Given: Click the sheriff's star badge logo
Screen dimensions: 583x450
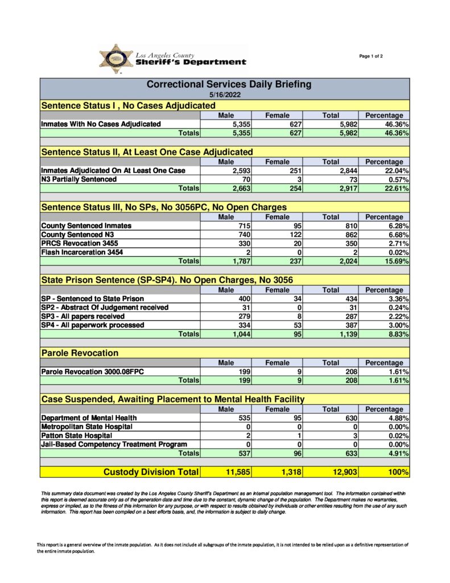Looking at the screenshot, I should click(x=116, y=59).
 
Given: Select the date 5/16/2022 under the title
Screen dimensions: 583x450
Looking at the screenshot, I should click(x=225, y=95).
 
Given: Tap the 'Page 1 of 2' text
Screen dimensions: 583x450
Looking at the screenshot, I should click(x=371, y=56).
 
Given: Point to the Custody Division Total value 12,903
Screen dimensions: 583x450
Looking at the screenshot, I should click(x=341, y=471).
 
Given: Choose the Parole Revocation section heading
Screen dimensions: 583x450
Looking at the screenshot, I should click(x=80, y=353).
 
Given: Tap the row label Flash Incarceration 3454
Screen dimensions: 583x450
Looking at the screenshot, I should click(x=81, y=252).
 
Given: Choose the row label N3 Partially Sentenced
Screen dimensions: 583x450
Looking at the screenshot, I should click(x=79, y=179).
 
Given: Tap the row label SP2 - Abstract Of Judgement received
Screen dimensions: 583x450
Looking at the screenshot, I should click(x=105, y=307).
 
